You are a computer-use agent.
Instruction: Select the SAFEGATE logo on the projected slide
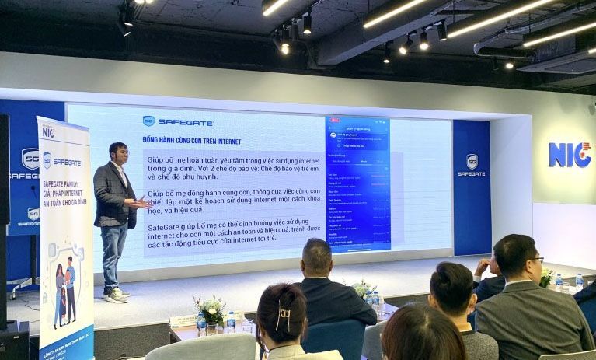coord(178,121)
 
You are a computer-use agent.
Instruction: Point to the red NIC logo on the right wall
coord(570,154)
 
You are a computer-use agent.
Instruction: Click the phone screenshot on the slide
coord(358,184)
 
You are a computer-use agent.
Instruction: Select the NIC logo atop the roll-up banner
coord(47,132)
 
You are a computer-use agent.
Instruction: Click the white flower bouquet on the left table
coord(211,309)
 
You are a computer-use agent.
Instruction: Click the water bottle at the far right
coord(579,282)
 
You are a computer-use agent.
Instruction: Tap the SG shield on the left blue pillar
coord(30,159)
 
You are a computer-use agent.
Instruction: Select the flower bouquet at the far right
coord(546,277)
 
